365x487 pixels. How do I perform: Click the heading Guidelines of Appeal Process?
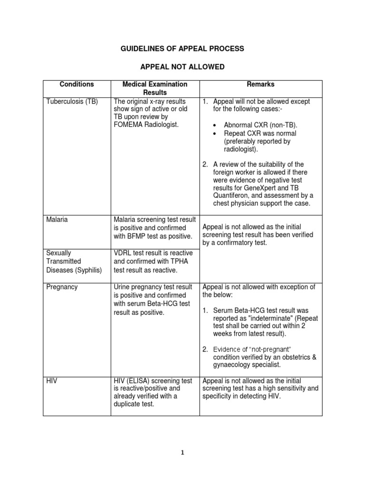click(182, 49)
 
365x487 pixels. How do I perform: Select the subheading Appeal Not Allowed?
click(182, 67)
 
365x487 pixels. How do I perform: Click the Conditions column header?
click(77, 85)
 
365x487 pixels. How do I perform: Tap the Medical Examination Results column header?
click(155, 88)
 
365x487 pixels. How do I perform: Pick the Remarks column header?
click(260, 85)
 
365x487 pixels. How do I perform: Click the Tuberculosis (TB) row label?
click(72, 102)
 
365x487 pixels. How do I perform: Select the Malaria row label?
click(57, 220)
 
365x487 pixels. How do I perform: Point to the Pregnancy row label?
click(62, 287)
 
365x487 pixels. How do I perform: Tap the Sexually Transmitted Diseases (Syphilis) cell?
click(74, 262)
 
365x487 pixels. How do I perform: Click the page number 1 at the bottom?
click(182, 453)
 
